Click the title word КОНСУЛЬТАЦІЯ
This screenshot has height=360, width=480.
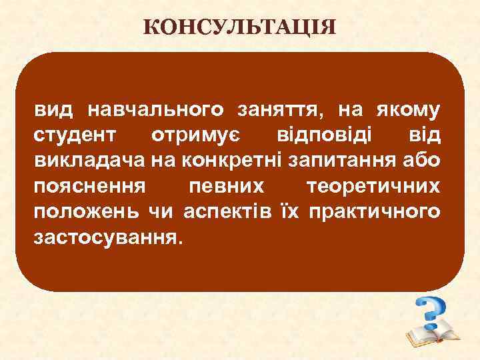click(240, 28)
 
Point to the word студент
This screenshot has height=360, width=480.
click(75, 135)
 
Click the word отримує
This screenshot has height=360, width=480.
click(196, 135)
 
